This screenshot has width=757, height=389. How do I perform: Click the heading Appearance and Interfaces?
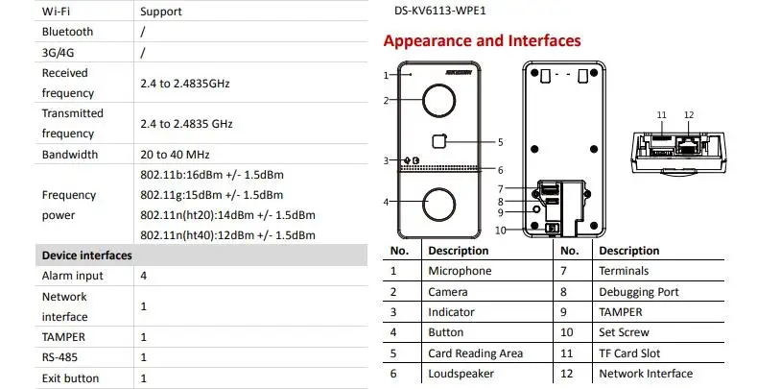[x=482, y=41]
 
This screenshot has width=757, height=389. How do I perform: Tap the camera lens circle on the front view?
[x=438, y=100]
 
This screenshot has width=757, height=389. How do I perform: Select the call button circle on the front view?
[x=438, y=203]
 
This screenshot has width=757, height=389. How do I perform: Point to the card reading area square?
[x=439, y=141]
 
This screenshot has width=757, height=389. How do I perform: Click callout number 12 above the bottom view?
[x=689, y=115]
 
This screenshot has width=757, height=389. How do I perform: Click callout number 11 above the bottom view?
[x=661, y=115]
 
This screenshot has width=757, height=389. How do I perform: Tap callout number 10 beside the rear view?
[x=500, y=231]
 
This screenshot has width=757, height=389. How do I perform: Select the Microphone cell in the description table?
[x=460, y=271]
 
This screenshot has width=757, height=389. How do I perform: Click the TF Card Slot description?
[x=629, y=353]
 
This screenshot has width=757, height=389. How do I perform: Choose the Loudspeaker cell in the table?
[x=461, y=373]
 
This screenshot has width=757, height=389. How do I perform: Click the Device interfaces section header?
[x=86, y=255]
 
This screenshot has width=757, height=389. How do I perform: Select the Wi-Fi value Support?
[x=161, y=12]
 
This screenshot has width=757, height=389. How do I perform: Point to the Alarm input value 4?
[x=144, y=276]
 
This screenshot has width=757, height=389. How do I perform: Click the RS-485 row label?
[x=59, y=357]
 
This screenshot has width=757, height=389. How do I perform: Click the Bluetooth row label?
[x=67, y=32]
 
